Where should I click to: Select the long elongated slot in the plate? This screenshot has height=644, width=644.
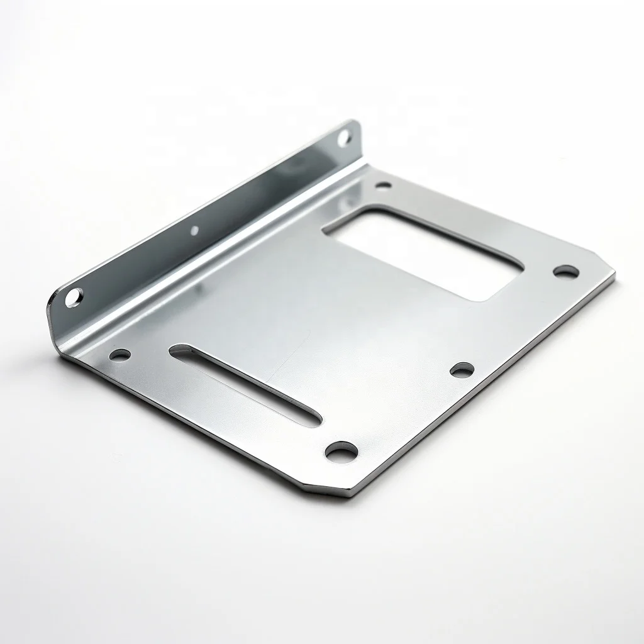pyautogui.click(x=245, y=384)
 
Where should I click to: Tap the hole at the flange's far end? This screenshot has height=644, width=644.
pyautogui.click(x=344, y=135)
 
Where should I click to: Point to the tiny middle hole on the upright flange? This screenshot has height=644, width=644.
pyautogui.click(x=194, y=230)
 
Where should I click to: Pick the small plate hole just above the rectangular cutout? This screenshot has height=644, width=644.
pyautogui.click(x=382, y=186)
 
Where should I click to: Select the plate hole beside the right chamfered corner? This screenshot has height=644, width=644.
pyautogui.click(x=565, y=272)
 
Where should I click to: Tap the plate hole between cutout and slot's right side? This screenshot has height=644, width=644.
pyautogui.click(x=462, y=370)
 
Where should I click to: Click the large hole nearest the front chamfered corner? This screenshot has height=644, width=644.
pyautogui.click(x=341, y=450)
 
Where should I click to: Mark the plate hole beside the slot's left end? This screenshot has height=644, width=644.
pyautogui.click(x=119, y=355)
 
